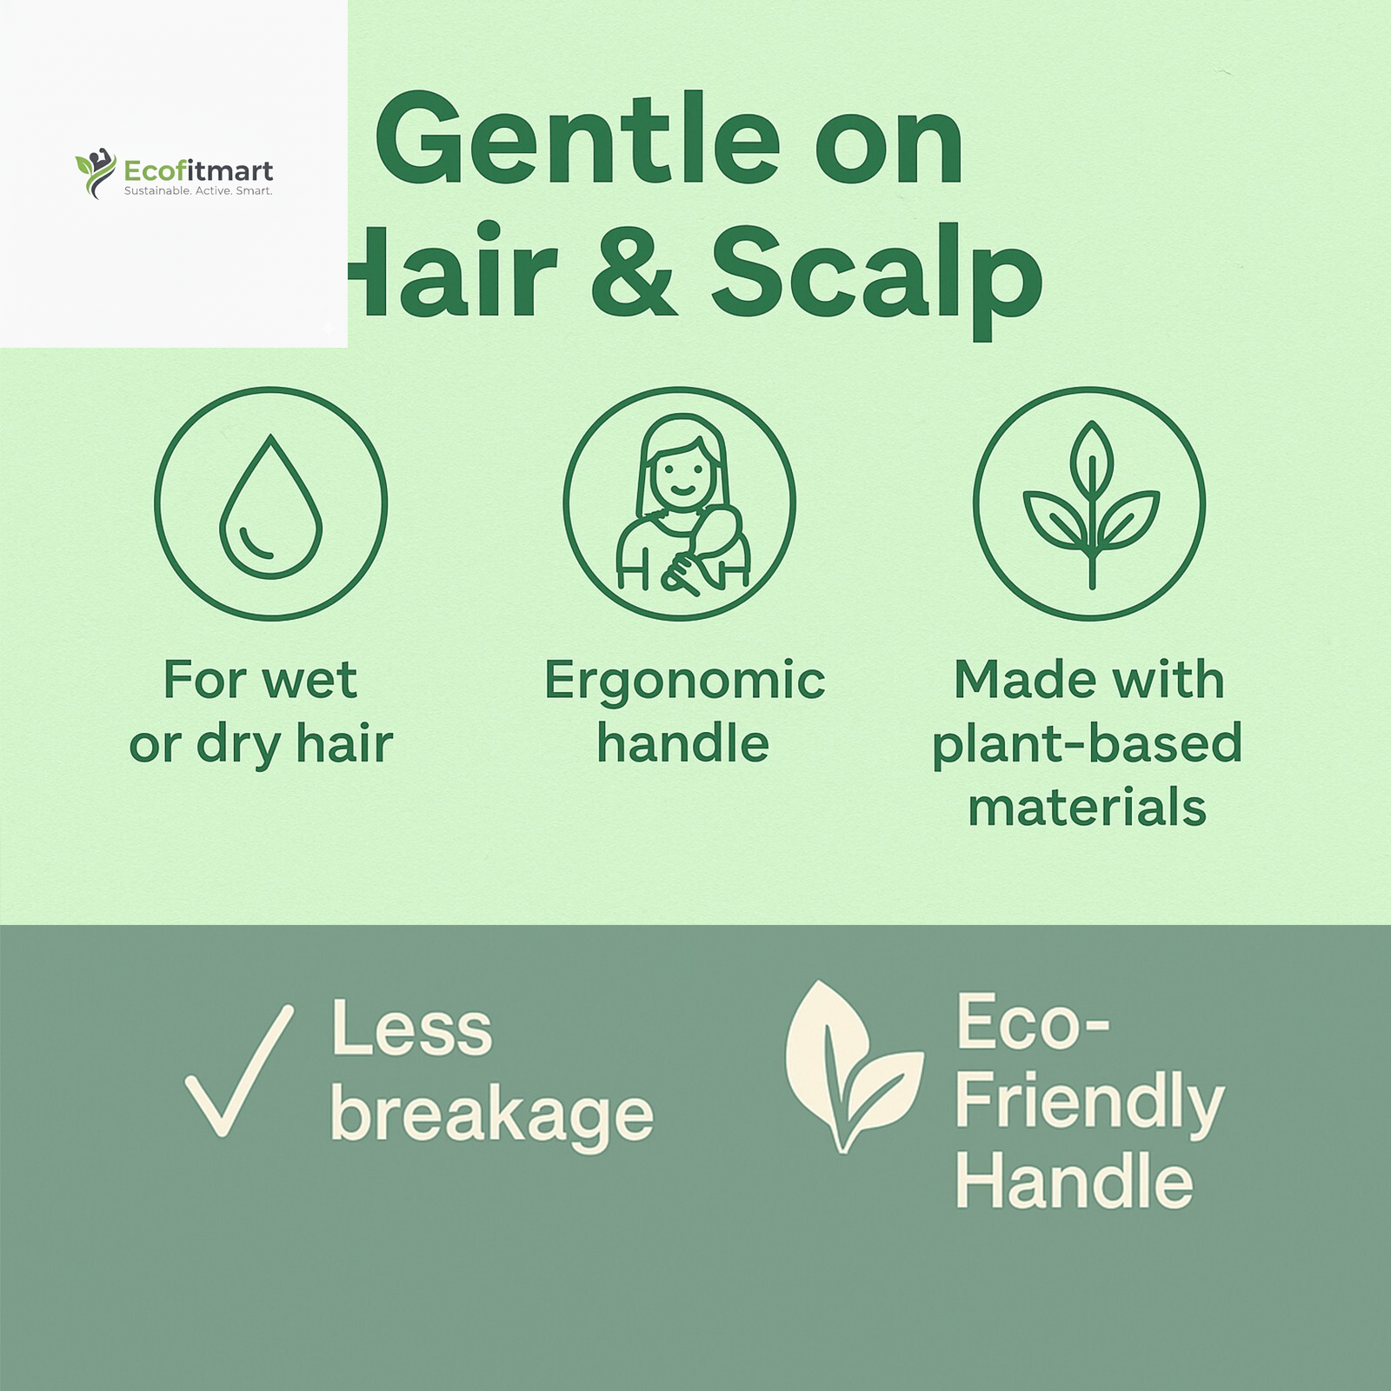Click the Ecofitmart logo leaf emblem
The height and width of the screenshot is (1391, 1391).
tap(95, 172)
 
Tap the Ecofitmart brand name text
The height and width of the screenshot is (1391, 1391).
tap(198, 170)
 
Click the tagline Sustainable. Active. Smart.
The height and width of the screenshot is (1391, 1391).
tap(198, 190)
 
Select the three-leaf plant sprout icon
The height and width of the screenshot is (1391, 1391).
tap(1090, 503)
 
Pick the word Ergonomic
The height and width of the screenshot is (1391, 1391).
tap(684, 680)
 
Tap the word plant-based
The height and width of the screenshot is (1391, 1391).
tap(1087, 744)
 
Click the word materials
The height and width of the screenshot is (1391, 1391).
tap(1087, 808)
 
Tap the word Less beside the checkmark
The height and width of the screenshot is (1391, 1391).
tap(411, 1030)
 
